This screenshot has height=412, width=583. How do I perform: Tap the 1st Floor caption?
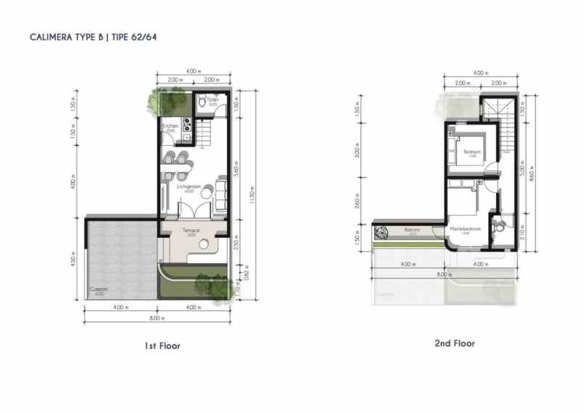point(162,346)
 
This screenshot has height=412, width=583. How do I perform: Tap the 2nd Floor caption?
point(454,343)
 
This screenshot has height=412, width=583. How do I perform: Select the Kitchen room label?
point(170,126)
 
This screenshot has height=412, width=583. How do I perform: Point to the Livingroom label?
point(189,186)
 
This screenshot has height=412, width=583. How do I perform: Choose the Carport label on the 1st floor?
point(98,290)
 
